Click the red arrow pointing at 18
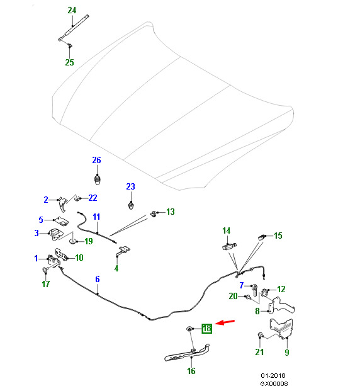tap(225, 322)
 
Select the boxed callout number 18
tap(206, 329)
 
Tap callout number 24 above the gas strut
tap(72, 10)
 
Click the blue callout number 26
tap(96, 160)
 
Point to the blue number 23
tap(130, 186)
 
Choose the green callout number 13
tap(171, 212)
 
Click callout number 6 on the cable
tap(98, 279)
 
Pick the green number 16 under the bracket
tap(191, 371)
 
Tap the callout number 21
tap(259, 352)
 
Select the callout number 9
tap(286, 352)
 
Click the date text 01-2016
tap(273, 375)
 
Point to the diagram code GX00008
tap(274, 383)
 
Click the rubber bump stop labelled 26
tap(98, 179)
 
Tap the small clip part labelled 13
tap(154, 213)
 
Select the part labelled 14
tap(229, 246)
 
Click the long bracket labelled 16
tap(187, 354)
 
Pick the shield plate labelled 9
tap(282, 328)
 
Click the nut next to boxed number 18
tap(189, 329)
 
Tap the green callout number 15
tap(278, 236)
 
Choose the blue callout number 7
tap(242, 285)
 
